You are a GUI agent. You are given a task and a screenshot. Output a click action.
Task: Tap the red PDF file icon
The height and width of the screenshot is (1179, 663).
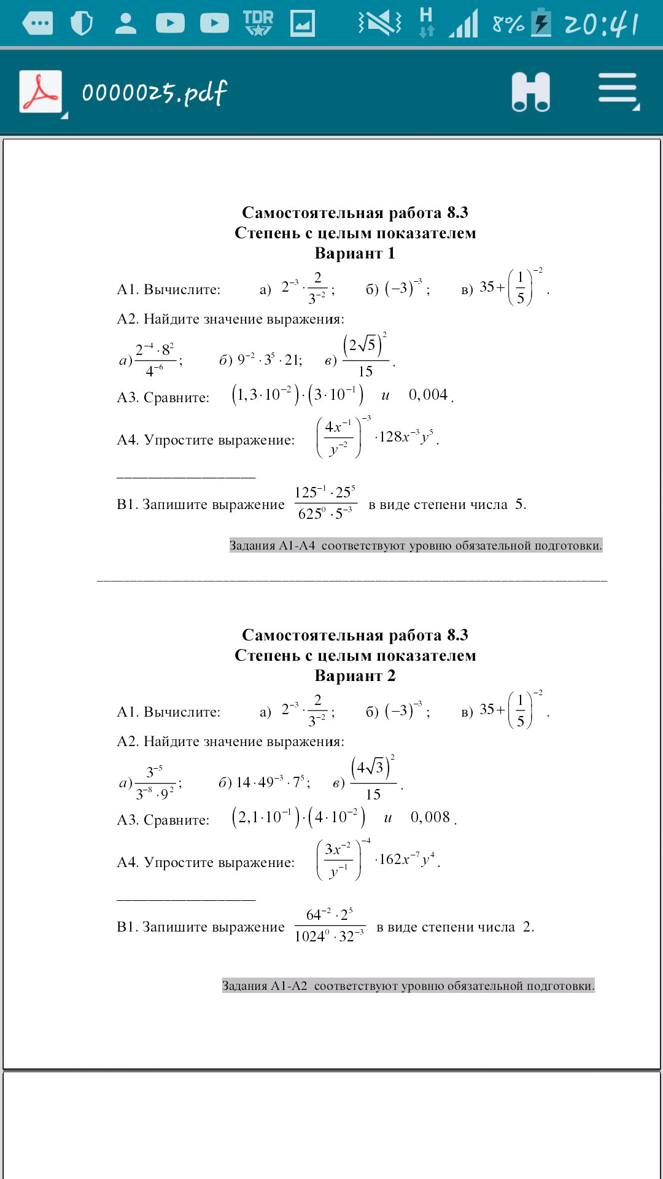tap(41, 91)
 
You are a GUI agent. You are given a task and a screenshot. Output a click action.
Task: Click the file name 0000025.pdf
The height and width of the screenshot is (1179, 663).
tap(154, 93)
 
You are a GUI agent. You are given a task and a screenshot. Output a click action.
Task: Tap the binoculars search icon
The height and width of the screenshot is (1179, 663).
tap(530, 91)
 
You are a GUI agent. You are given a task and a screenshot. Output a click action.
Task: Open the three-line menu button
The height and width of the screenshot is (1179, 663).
tap(618, 90)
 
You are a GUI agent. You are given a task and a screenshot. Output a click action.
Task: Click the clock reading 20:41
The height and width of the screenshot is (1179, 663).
tap(601, 24)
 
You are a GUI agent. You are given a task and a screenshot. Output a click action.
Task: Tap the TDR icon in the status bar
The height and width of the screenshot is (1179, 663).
tap(258, 23)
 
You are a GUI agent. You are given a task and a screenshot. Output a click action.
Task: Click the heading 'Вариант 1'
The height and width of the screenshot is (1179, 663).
tap(355, 253)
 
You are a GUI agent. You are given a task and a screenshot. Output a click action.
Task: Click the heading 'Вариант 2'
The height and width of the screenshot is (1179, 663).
tap(355, 675)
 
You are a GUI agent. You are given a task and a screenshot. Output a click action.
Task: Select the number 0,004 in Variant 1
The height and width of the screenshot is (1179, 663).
tap(428, 395)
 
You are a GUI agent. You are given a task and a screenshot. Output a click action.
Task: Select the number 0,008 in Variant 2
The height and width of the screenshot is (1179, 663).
tap(430, 817)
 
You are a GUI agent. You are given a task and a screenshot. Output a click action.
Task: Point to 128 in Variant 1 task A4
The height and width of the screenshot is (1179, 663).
tap(390, 437)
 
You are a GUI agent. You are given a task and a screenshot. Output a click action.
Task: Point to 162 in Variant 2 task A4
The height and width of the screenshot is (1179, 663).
tap(390, 859)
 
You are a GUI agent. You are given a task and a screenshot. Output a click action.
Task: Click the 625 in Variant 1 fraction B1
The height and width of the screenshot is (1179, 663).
tap(309, 514)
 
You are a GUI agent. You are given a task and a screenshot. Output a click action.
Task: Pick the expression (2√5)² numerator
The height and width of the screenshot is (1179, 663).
tap(364, 344)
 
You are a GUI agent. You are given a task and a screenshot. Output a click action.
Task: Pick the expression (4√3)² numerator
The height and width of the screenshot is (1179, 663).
tap(372, 767)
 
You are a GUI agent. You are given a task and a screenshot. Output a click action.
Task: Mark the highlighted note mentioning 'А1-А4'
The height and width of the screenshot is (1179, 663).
tap(416, 545)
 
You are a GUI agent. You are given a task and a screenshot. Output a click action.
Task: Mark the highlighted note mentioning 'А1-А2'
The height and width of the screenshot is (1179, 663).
tap(408, 986)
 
